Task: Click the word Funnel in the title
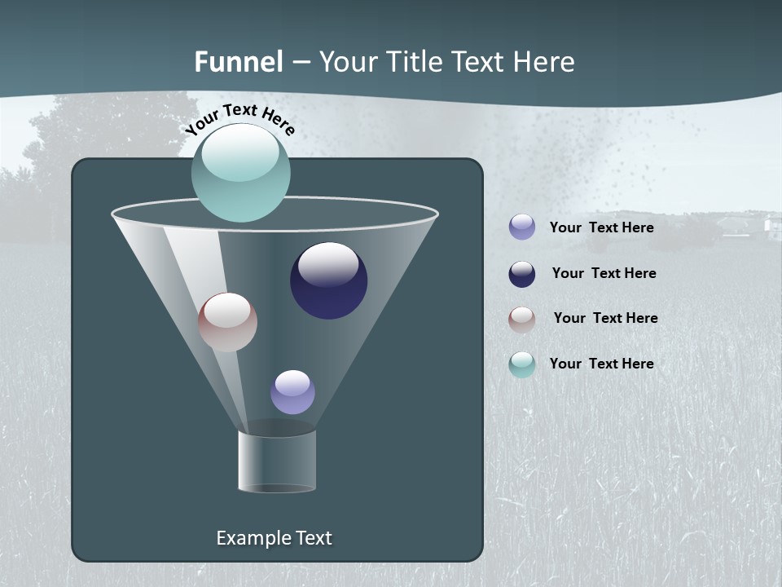point(239,62)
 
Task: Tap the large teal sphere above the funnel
point(240,173)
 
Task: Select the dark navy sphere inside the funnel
point(328,280)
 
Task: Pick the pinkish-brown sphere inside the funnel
point(227,322)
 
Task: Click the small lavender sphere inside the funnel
point(292,391)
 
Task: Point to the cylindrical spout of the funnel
point(276,461)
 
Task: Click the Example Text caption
point(274,538)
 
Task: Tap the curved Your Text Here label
point(239,120)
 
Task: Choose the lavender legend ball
point(522,227)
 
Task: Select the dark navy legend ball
point(522,274)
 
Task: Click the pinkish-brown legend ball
point(522,319)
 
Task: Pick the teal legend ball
point(522,364)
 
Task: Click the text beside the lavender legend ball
point(601,228)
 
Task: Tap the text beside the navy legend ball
point(604,273)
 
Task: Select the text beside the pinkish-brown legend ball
point(605,318)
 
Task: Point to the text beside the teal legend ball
point(601,364)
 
